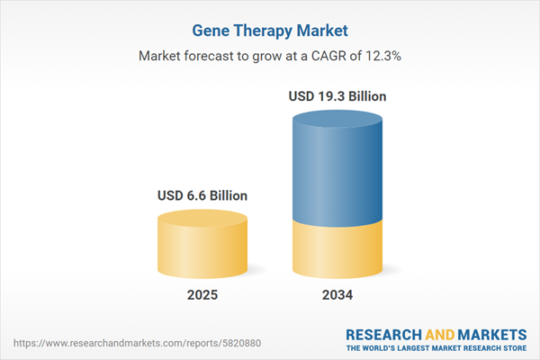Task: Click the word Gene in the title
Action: pos(208,29)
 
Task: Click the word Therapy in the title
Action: pos(257,29)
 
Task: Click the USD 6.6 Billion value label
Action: pos(202,194)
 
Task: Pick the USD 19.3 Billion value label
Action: pos(337,94)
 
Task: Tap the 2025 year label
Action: pos(202,295)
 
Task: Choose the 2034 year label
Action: pos(337,295)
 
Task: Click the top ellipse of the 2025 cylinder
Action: pos(202,220)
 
